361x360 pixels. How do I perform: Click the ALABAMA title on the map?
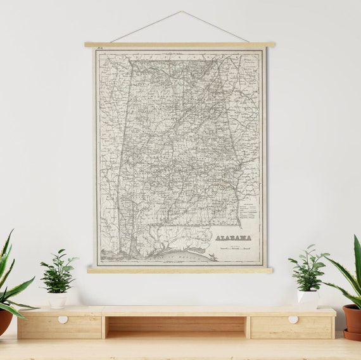pyautogui.click(x=233, y=238)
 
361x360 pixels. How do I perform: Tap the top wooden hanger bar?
pyautogui.click(x=180, y=44)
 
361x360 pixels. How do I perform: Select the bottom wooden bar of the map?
pyautogui.click(x=180, y=271)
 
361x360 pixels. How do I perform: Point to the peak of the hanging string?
pyautogui.click(x=182, y=11)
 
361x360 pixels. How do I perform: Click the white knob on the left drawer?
pyautogui.click(x=63, y=319)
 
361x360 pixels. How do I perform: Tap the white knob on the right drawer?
pyautogui.click(x=293, y=319)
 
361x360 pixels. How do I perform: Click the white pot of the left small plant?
pyautogui.click(x=57, y=300)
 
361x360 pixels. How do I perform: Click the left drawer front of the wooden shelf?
pyautogui.click(x=60, y=327)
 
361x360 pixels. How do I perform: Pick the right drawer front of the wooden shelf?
pyautogui.click(x=291, y=327)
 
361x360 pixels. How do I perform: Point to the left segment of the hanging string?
pyautogui.click(x=146, y=27)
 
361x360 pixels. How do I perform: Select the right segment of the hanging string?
pyautogui.click(x=215, y=27)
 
